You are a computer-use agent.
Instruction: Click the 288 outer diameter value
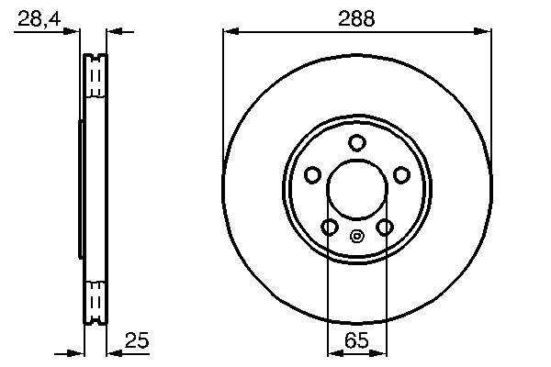356,18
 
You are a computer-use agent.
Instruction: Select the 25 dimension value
137,341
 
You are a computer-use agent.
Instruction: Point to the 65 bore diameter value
356,341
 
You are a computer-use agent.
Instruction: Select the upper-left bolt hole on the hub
312,174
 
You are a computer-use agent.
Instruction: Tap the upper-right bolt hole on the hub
401,174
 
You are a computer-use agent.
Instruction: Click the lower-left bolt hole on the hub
329,227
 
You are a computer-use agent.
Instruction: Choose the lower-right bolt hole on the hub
385,227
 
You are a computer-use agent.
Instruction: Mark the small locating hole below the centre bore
357,235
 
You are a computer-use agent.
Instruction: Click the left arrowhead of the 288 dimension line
230,32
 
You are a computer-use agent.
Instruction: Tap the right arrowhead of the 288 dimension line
483,32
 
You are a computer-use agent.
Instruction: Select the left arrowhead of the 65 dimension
333,351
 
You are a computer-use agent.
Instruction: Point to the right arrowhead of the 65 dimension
380,351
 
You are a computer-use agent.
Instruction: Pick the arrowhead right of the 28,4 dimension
114,32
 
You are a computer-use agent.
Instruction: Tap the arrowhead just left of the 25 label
114,351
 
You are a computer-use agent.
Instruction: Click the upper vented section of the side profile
96,79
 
